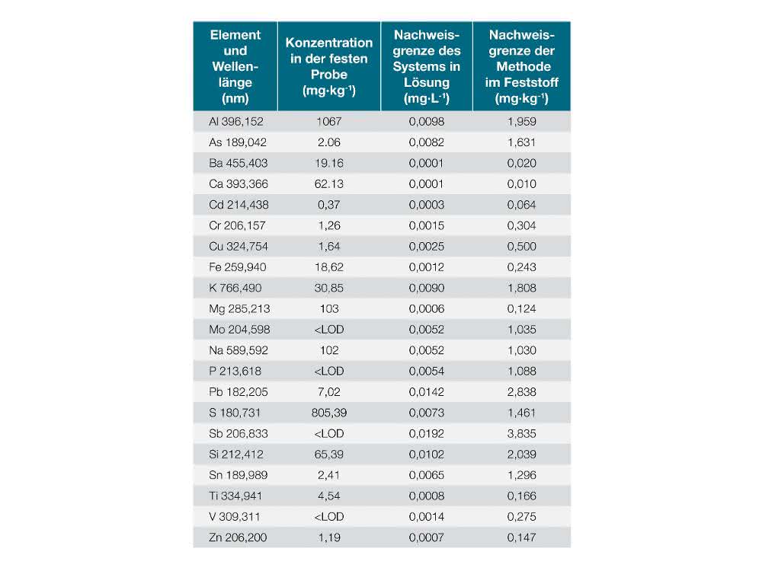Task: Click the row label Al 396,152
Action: tap(235, 121)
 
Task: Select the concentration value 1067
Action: tap(329, 121)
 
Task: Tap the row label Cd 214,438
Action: tap(239, 205)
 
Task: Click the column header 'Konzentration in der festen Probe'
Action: tap(329, 66)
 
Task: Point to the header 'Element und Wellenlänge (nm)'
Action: tap(235, 66)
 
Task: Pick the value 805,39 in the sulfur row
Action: tap(329, 413)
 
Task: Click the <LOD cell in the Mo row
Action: tap(329, 330)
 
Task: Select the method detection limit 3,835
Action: tap(521, 434)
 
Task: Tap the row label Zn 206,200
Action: tap(238, 538)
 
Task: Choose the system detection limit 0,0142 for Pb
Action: tap(426, 392)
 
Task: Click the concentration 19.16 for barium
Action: tap(329, 163)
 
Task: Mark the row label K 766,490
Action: tap(235, 288)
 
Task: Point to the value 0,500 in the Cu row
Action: tap(521, 246)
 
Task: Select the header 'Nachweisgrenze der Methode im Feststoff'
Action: tap(521, 66)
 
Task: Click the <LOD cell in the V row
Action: tap(329, 517)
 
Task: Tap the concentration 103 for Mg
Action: tap(329, 309)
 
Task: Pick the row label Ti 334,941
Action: tap(235, 496)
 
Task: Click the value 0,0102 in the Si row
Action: tap(426, 455)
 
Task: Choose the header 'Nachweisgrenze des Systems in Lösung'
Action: tap(426, 66)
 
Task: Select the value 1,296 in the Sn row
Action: tap(521, 475)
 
